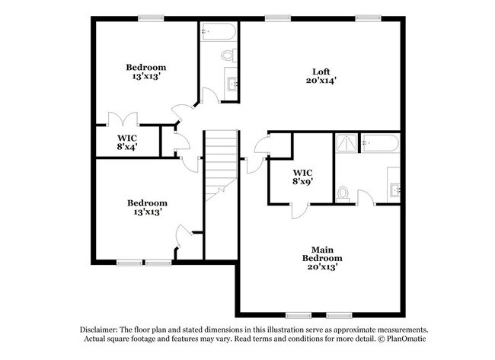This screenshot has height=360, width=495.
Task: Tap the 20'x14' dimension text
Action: [x=321, y=79]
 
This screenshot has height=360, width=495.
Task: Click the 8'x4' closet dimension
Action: [x=127, y=147]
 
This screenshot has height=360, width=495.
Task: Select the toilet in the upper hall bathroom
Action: [x=228, y=55]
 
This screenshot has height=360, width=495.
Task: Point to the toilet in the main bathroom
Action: [x=343, y=193]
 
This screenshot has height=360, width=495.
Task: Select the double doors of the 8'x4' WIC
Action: [x=122, y=119]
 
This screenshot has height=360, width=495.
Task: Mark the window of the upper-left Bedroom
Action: [x=152, y=18]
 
